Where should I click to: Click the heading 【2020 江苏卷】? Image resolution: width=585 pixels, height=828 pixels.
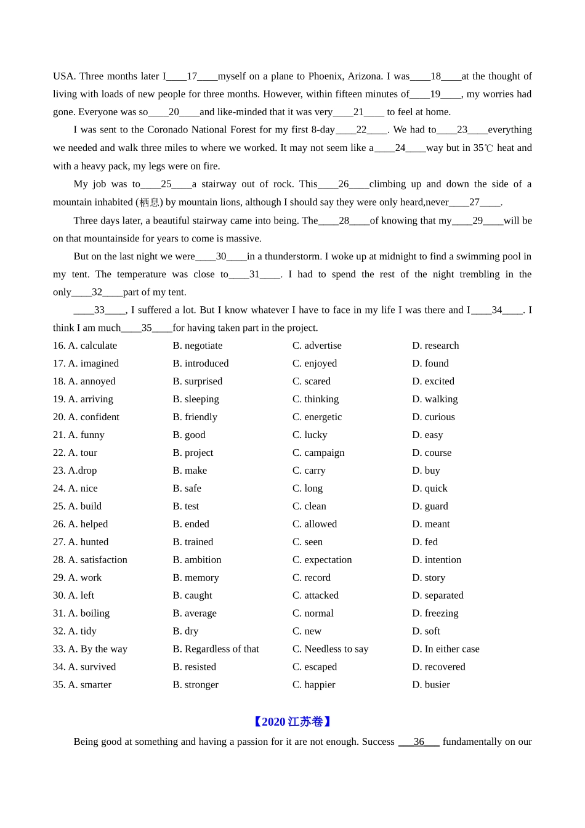point(292,721)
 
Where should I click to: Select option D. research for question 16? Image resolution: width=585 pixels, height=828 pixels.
point(435,346)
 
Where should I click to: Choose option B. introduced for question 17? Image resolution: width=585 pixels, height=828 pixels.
point(201,363)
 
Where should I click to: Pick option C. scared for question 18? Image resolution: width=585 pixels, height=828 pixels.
point(312,381)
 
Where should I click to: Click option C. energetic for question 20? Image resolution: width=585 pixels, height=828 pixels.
point(317,417)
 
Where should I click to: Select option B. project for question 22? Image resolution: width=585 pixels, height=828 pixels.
point(193,453)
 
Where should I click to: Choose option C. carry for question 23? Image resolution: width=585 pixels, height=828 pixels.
point(309,471)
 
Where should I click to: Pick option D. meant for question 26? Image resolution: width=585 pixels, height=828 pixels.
point(431,524)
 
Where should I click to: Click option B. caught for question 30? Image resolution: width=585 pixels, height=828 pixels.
point(192,596)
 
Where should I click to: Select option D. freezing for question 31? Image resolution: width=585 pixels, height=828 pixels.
point(435,614)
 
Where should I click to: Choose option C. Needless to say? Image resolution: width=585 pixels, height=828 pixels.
point(330,649)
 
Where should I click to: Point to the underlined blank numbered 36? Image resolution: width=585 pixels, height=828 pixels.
point(419,742)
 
